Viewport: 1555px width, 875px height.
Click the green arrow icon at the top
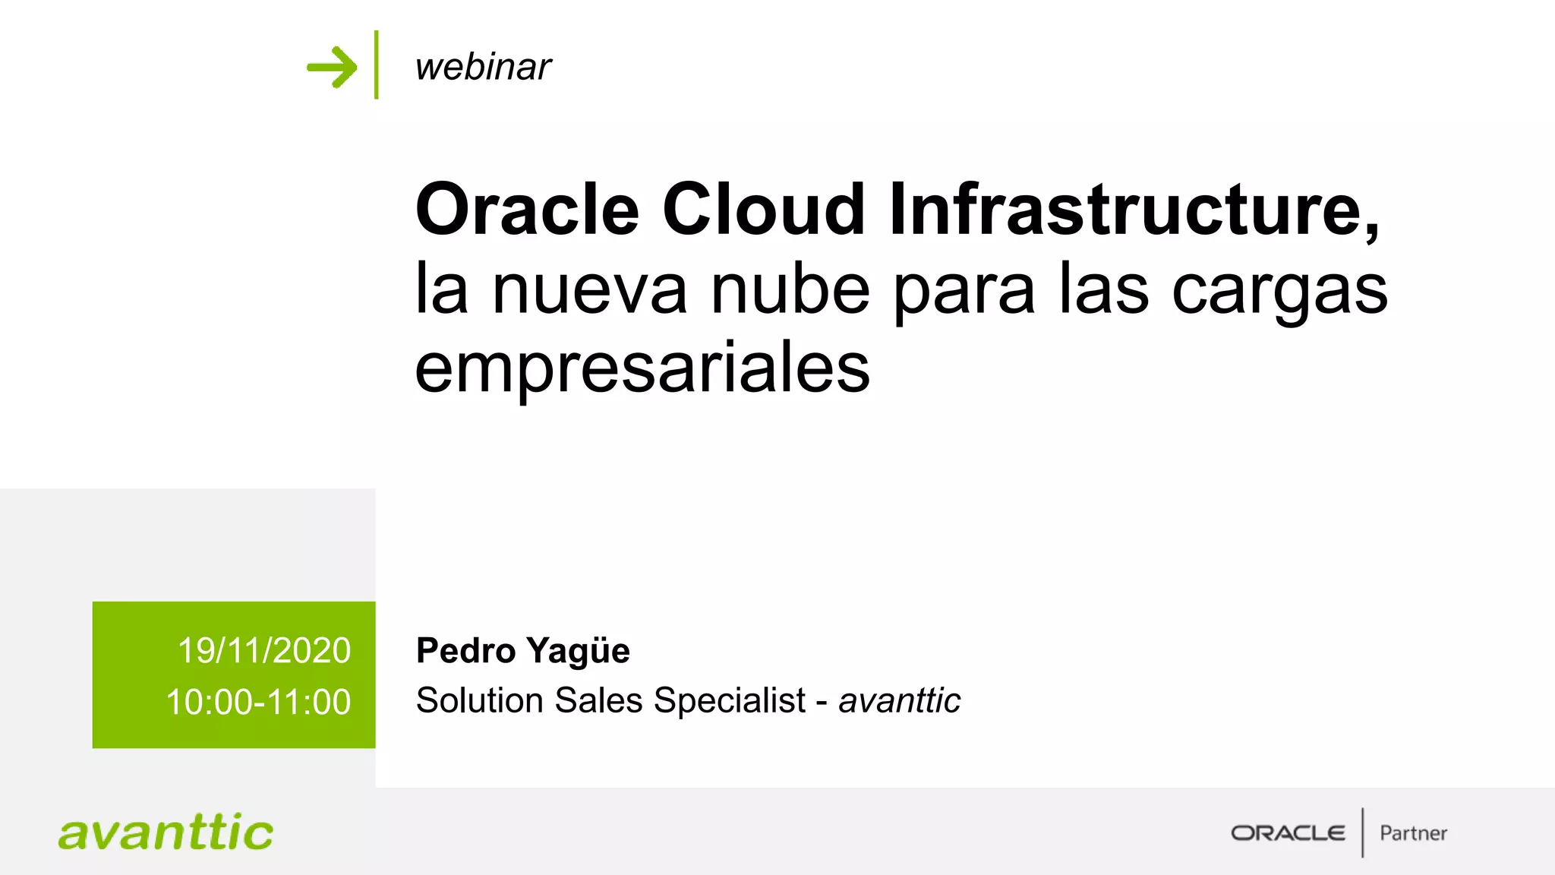coord(332,67)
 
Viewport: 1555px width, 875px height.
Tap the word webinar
coord(483,67)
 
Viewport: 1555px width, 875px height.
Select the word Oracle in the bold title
coord(527,210)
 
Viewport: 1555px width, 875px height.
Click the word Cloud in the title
coord(763,210)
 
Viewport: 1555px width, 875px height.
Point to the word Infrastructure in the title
coord(1133,210)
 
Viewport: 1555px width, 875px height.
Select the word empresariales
coord(642,370)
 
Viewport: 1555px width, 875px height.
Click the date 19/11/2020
coord(264,651)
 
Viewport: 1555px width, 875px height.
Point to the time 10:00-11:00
coord(258,702)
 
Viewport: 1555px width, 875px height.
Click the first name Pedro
coord(466,651)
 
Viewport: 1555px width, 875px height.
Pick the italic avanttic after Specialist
coord(899,700)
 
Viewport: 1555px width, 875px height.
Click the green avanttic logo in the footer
coord(166,832)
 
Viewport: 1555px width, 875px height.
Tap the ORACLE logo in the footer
coord(1288,833)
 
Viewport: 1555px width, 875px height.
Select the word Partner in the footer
coord(1413,833)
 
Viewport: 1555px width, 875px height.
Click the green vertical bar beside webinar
coord(376,65)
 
